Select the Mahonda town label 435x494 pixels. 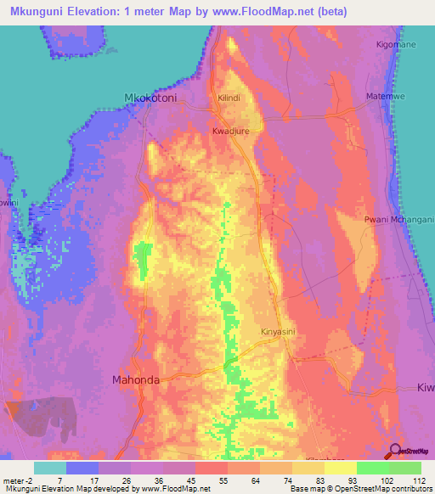[136, 380]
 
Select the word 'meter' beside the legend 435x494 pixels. [11, 480]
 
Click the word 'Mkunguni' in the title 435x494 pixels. [37, 9]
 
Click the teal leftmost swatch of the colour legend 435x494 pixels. [50, 468]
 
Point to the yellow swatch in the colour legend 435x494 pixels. [340, 468]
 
